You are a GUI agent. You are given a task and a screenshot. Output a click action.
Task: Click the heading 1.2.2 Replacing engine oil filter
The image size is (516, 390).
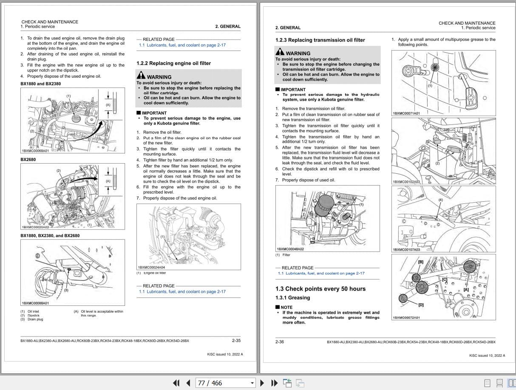pyautogui.click(x=173, y=63)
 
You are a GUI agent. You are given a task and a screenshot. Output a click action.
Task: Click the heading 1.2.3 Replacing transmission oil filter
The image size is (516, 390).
pyautogui.click(x=320, y=40)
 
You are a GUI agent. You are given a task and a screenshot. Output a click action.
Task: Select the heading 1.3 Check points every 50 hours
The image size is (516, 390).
pyautogui.click(x=320, y=289)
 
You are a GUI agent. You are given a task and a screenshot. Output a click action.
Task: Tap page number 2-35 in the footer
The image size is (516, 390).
pyautogui.click(x=236, y=340)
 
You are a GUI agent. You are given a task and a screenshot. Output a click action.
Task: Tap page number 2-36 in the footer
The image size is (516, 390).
pyautogui.click(x=280, y=342)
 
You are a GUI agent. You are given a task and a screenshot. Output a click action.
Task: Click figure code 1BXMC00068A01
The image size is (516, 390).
pyautogui.click(x=35, y=150)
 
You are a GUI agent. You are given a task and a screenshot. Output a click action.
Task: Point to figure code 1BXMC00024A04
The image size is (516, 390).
pyautogui.click(x=151, y=268)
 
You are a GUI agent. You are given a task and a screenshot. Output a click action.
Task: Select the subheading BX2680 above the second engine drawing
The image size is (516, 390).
pyautogui.click(x=28, y=160)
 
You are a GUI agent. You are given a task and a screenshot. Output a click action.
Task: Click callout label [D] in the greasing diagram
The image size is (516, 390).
pyautogui.click(x=421, y=305)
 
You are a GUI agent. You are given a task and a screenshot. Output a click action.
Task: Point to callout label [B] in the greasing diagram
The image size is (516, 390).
pyautogui.click(x=420, y=262)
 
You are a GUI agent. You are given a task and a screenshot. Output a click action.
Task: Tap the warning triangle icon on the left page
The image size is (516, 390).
pyautogui.click(x=141, y=76)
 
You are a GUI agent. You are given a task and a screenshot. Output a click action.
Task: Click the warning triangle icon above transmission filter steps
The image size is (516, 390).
pyautogui.click(x=280, y=53)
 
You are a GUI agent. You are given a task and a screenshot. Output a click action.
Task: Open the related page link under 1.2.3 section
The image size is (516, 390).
pyautogui.click(x=321, y=274)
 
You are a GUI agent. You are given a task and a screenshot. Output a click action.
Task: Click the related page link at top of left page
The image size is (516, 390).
pyautogui.click(x=182, y=45)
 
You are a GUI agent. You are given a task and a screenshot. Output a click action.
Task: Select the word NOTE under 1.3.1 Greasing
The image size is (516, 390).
pyautogui.click(x=286, y=307)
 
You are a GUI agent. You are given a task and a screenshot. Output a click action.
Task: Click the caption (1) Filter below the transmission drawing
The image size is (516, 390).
pyautogui.click(x=283, y=255)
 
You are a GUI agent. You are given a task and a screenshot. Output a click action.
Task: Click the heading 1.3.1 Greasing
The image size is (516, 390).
pyautogui.click(x=292, y=298)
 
